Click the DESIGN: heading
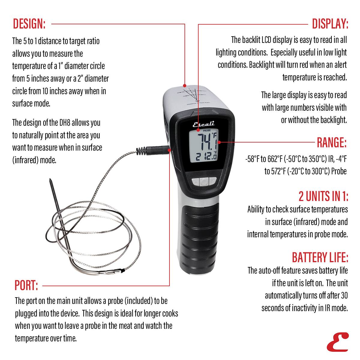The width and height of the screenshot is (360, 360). (29, 24)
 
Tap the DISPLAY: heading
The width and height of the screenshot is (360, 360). (330, 24)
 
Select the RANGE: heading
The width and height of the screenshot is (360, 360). (332, 142)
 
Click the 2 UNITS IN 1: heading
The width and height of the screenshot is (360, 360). (323, 196)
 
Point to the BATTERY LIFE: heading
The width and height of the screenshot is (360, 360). (320, 257)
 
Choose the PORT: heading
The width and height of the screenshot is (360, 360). (26, 285)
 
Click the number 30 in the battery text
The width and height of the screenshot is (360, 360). (344, 295)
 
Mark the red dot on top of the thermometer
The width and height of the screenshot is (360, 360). (185, 85)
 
